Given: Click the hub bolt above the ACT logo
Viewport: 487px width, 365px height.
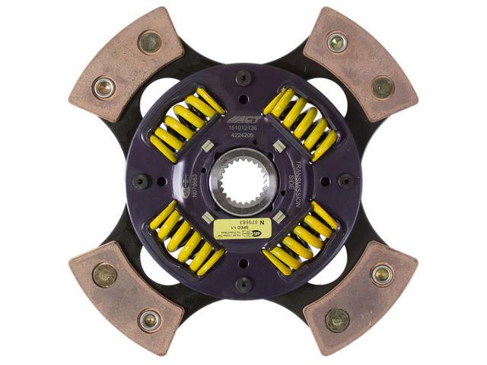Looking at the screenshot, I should [x=243, y=77].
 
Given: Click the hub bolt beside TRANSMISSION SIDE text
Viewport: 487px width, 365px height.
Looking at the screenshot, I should [x=347, y=181].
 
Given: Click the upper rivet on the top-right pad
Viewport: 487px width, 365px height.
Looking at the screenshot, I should [x=336, y=41].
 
